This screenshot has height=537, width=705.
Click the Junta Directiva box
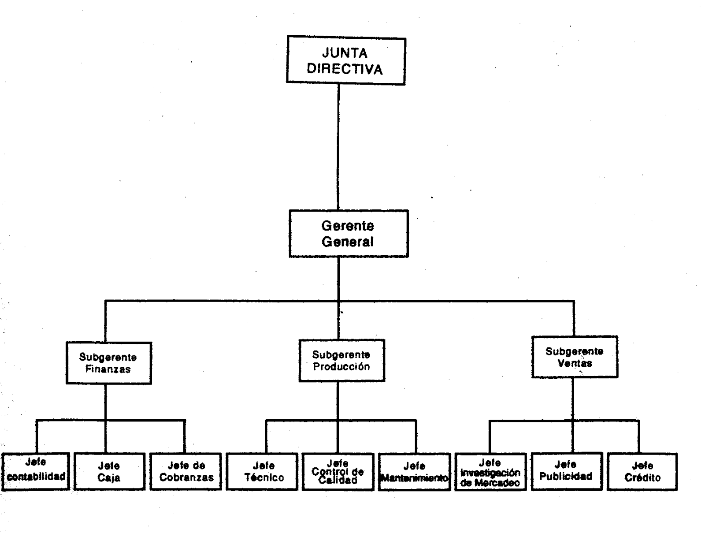tap(346, 61)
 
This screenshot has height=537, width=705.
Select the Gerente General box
tap(349, 234)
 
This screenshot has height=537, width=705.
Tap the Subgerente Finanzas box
tap(108, 363)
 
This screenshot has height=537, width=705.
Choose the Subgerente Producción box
tap(341, 360)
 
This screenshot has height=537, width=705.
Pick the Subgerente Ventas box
tap(575, 357)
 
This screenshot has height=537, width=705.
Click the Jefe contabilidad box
tap(36, 471)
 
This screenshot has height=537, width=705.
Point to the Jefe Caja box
tap(109, 471)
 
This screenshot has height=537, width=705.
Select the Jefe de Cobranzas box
tap(186, 471)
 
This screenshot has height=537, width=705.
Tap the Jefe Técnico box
tap(262, 471)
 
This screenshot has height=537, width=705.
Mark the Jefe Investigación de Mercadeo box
tap(490, 472)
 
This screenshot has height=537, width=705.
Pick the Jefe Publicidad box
tap(566, 471)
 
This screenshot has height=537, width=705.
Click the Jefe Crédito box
tap(642, 471)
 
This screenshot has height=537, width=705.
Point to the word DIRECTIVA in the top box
tap(345, 69)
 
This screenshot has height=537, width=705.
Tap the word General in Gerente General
tap(348, 242)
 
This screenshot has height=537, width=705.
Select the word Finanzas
tap(108, 369)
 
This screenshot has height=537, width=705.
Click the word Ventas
tap(575, 363)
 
